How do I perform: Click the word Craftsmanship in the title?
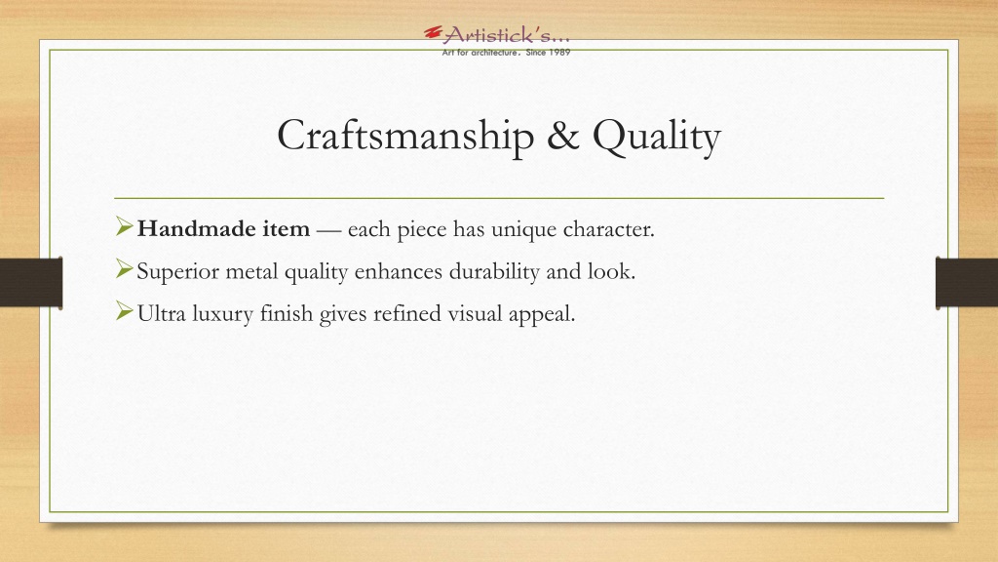coord(405,136)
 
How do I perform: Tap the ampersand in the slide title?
coord(563,135)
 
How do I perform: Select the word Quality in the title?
coord(657,137)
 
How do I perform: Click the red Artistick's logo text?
coord(498,34)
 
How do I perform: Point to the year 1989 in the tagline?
coord(558,53)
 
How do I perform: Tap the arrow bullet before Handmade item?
coord(124,226)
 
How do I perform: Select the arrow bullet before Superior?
coord(124,269)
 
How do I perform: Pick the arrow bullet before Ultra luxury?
coord(124,311)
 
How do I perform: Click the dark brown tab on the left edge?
coord(31,282)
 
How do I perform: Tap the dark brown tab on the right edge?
coord(966,282)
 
